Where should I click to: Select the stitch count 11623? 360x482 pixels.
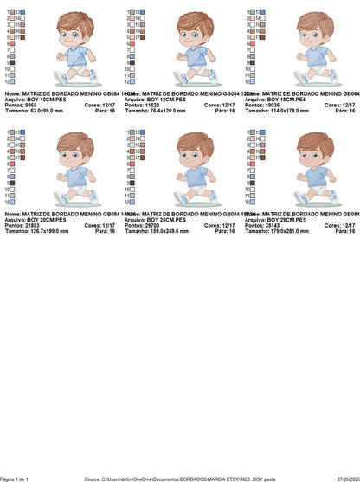149,105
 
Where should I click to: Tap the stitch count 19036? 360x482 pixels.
269,105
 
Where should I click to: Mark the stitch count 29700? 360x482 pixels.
149,226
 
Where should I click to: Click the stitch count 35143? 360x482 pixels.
269,226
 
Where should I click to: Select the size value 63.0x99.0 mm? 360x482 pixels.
42,111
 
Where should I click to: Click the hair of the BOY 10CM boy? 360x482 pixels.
74,21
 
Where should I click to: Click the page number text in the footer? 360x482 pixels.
15,479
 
